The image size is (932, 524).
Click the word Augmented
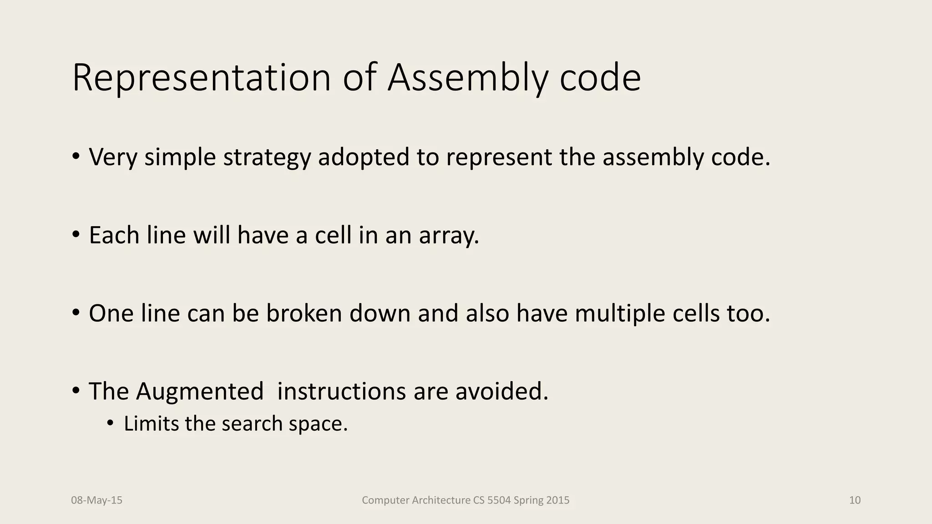point(199,392)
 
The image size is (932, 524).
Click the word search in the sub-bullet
point(252,424)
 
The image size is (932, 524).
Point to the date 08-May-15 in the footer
point(97,500)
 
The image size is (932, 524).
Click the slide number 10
point(855,500)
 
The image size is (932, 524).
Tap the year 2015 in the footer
point(558,500)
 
